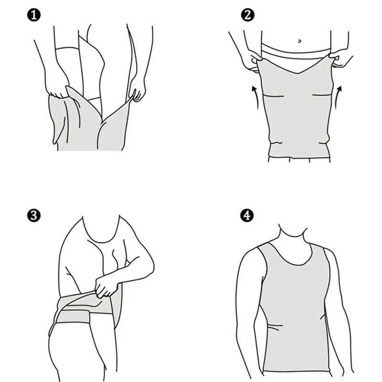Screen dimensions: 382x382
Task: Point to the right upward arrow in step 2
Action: coord(339,95)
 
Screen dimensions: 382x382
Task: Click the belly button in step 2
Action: coord(299,42)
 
